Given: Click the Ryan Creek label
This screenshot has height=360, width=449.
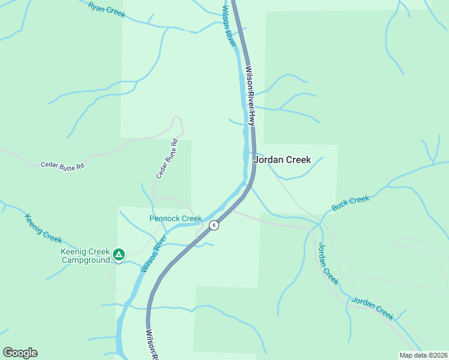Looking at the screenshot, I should coord(106,9).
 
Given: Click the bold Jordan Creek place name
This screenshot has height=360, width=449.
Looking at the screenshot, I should coord(282,160).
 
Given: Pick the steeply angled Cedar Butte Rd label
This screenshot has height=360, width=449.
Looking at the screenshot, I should coord(167,159).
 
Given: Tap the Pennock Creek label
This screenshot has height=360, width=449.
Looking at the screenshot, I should coord(175,218).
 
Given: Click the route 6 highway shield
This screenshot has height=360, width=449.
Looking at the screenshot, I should coord(214,225).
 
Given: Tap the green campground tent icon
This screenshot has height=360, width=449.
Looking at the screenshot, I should coord(119,255).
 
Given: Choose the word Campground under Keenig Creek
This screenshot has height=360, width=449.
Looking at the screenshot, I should coord(85,260).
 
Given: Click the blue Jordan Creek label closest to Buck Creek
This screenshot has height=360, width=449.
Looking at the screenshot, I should coord(328,263).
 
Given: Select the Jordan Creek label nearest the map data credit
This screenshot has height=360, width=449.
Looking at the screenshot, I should coord(372,308).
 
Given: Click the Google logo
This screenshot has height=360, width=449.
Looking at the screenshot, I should coord(20,353).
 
